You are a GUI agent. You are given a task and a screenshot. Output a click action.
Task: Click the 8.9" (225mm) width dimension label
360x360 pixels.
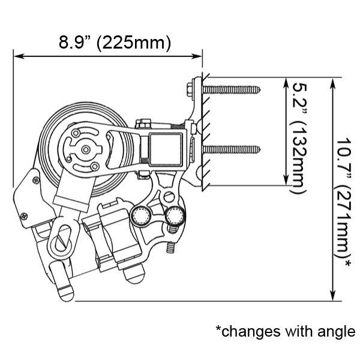115,43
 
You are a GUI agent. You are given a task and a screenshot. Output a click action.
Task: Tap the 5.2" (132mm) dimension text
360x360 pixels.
298,139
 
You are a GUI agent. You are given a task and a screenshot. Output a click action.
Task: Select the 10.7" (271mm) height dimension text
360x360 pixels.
343,203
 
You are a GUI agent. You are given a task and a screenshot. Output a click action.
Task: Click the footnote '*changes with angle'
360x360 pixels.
286,331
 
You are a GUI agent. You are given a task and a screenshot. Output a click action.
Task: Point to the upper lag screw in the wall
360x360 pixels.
232,90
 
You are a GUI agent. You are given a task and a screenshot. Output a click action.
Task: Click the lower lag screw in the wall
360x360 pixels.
232,149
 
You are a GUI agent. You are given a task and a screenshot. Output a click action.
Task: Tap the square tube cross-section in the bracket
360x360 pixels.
166,149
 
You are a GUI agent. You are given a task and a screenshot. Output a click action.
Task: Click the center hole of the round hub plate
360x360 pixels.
86,149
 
